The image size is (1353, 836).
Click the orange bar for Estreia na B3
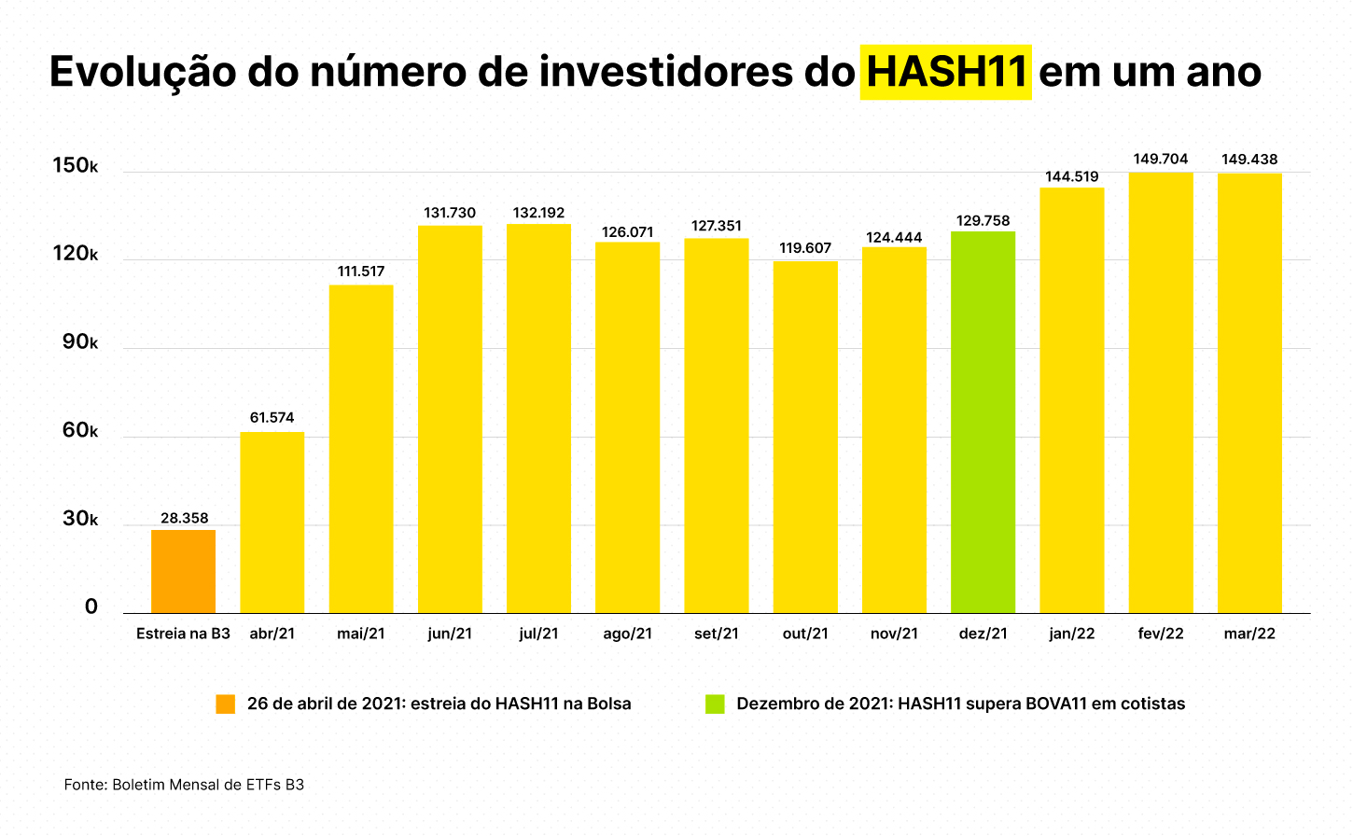[184, 571]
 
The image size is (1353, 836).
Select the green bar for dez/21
[983, 422]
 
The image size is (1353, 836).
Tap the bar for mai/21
[361, 449]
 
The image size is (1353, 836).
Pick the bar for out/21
[805, 437]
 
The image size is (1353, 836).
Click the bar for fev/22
[1161, 393]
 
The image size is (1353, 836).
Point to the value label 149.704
[1161, 160]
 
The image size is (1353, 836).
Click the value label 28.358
[184, 518]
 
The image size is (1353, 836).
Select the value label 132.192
[538, 213]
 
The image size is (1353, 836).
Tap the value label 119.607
[805, 248]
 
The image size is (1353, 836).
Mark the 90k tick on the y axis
[79, 342]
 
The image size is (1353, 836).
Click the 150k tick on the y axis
[75, 166]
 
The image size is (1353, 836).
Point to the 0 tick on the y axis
[91, 607]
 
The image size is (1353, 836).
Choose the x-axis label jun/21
[450, 634]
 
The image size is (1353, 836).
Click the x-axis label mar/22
[1249, 634]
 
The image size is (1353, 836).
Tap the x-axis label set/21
[717, 634]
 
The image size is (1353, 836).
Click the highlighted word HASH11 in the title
[945, 72]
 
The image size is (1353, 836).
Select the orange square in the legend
[226, 704]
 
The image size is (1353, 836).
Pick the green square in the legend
[715, 704]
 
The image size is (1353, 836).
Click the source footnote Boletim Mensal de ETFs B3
[184, 785]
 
